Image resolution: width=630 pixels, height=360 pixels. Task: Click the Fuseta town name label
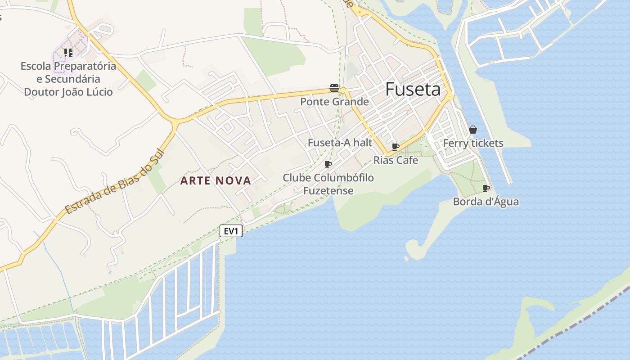pyautogui.click(x=413, y=90)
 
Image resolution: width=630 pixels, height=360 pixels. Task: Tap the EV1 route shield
pyautogui.click(x=231, y=231)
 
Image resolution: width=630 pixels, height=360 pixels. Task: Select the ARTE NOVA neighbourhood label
pyautogui.click(x=216, y=181)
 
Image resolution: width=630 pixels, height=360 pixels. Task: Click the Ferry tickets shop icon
pyautogui.click(x=473, y=130)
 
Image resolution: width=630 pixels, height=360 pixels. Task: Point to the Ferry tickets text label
pyautogui.click(x=473, y=143)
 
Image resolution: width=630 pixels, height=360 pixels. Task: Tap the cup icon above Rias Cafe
pyautogui.click(x=396, y=147)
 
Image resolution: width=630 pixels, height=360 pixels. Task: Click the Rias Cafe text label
pyautogui.click(x=396, y=160)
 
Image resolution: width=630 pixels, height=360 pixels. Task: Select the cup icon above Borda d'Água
pyautogui.click(x=486, y=188)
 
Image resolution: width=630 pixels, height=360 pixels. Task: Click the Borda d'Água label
pyautogui.click(x=486, y=202)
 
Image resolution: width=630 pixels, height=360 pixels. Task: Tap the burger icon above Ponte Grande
pyautogui.click(x=334, y=88)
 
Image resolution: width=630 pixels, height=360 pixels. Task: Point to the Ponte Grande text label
pyautogui.click(x=334, y=102)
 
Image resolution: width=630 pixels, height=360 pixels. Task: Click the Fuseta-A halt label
pyautogui.click(x=340, y=143)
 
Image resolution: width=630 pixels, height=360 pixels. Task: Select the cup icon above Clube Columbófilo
pyautogui.click(x=328, y=164)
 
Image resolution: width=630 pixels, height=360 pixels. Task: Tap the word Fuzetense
pyautogui.click(x=328, y=190)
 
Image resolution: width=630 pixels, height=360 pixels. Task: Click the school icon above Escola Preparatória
pyautogui.click(x=68, y=53)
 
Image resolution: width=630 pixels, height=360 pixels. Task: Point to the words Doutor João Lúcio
pyautogui.click(x=68, y=92)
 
